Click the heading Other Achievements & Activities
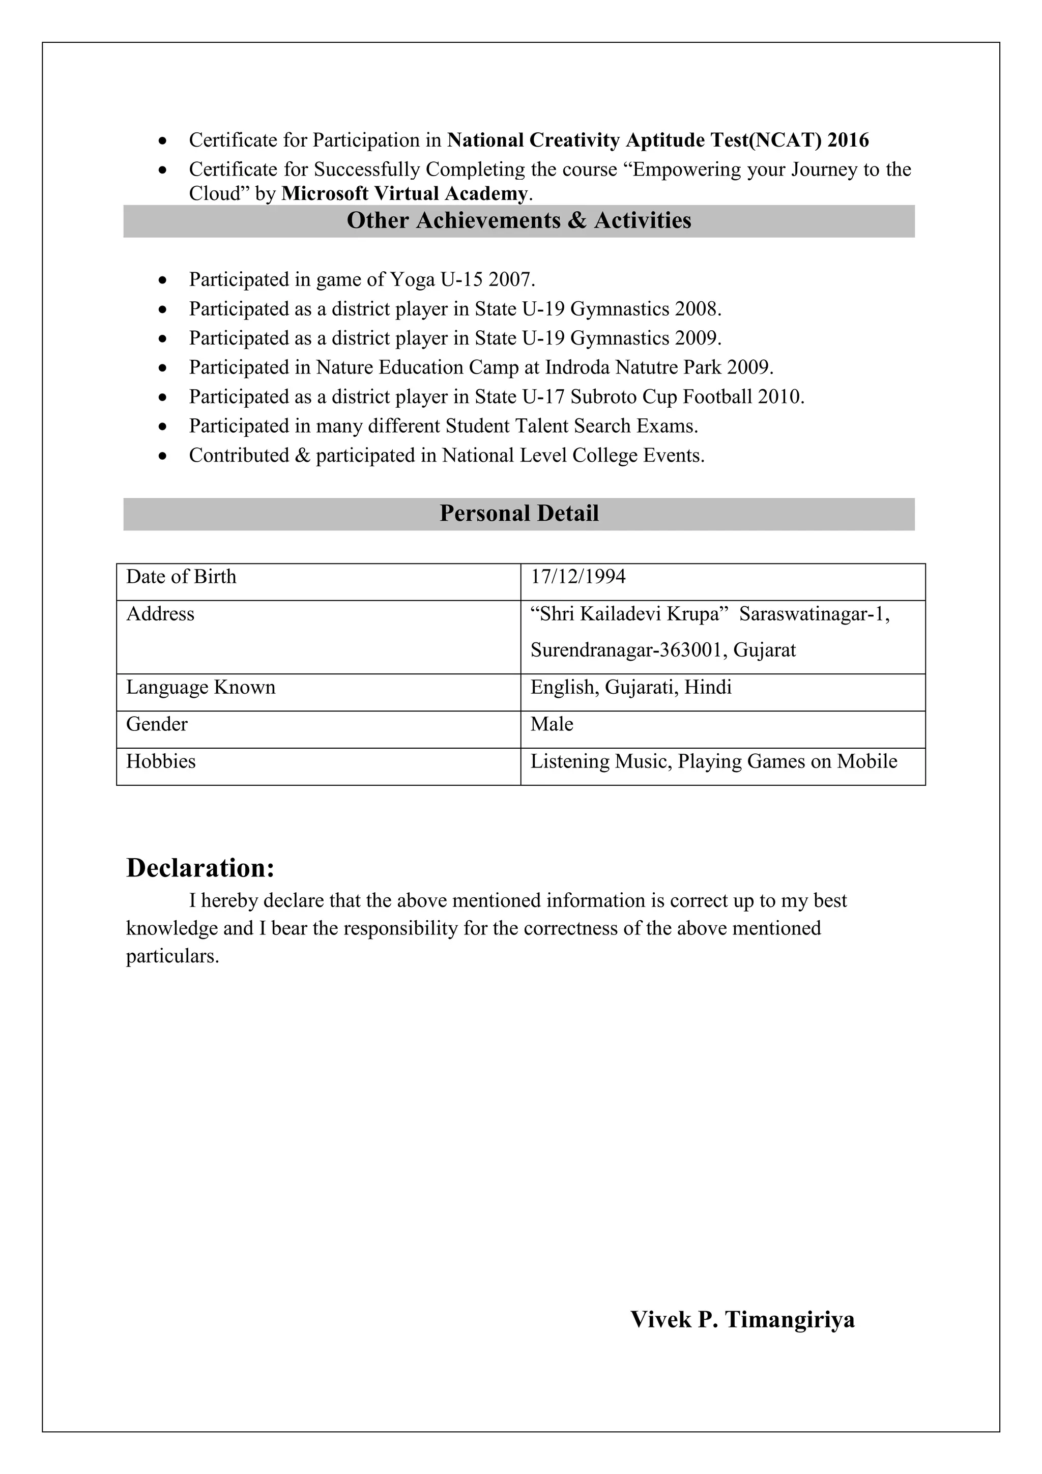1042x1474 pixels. (x=518, y=221)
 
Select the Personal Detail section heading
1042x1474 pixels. (x=518, y=514)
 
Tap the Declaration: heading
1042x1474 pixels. (x=200, y=868)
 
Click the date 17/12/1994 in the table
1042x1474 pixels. (x=577, y=577)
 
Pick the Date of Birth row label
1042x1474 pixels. (x=181, y=577)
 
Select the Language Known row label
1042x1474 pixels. (x=200, y=688)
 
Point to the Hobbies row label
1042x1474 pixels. (x=160, y=761)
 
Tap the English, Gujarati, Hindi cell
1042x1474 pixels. (x=631, y=688)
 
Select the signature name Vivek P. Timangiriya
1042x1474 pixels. (x=742, y=1320)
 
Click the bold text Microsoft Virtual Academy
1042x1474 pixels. (x=404, y=193)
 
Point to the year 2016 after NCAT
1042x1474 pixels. (x=848, y=140)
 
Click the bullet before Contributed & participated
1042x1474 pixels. (x=164, y=457)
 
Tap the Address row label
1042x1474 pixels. (x=160, y=614)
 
